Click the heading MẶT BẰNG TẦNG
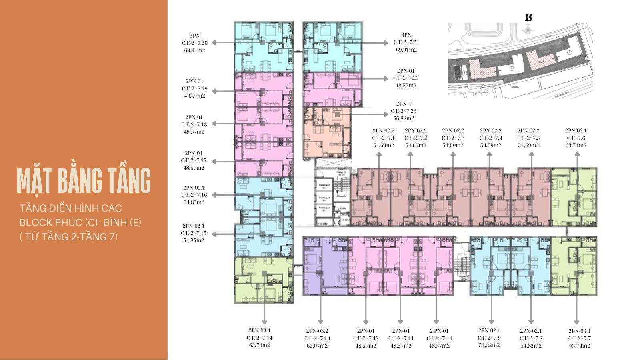pos(84,180)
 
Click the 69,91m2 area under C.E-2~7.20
pos(194,50)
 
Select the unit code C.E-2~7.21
pos(406,42)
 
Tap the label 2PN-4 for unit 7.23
pos(404,104)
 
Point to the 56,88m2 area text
pos(404,118)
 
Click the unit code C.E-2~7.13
pos(317,338)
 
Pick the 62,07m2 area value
pos(317,346)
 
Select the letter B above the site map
pos(528,18)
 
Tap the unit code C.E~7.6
pos(576,138)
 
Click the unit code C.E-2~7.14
pos(259,338)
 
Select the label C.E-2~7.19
pos(194,88)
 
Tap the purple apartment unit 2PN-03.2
pos(325,266)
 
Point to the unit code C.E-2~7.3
pos(453,138)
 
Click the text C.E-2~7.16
pos(194,195)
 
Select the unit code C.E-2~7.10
pos(439,338)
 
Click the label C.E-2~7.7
pos(579,338)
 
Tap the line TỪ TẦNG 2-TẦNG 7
pos(69,237)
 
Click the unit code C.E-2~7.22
pos(406,78)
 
